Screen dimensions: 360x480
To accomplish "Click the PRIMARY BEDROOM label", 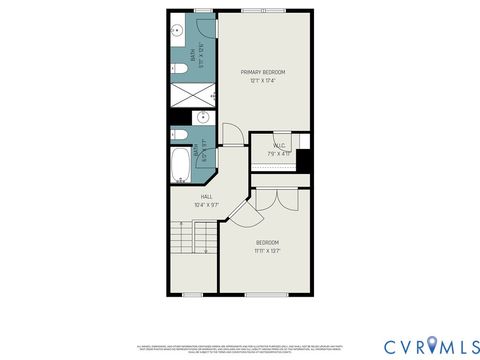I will [264, 73].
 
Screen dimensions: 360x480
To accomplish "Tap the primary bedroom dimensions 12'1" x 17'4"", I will [264, 81].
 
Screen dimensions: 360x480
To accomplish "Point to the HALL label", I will [206, 197].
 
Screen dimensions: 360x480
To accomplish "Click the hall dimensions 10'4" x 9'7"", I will [206, 205].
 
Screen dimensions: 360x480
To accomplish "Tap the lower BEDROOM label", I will [267, 243].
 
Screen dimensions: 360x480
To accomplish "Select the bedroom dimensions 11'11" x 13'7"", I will [267, 251].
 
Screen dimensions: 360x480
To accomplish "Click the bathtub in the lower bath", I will [181, 166].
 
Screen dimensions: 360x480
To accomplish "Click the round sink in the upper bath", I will [175, 29].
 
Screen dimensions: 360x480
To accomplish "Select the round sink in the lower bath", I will [203, 118].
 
